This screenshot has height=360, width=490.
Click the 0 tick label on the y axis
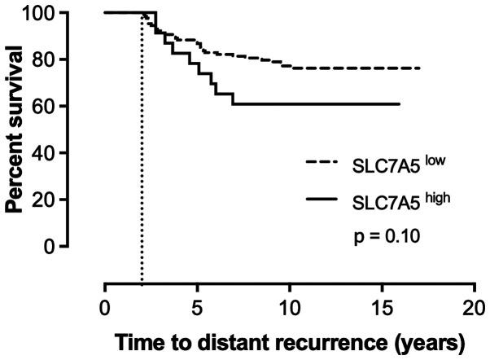click(51, 245)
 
